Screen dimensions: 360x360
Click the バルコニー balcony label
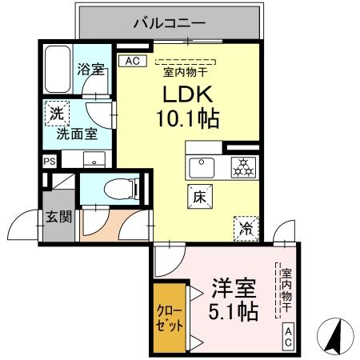[170, 23]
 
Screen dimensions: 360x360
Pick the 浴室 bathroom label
[90, 70]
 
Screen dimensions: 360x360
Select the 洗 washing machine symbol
[57, 113]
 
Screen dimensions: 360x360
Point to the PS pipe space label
[49, 160]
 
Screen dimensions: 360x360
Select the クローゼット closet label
[170, 318]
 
